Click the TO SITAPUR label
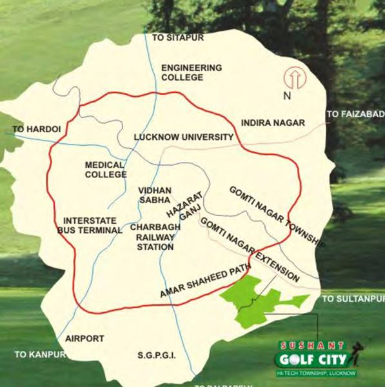click(x=177, y=38)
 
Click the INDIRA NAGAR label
click(x=272, y=122)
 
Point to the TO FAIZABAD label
click(x=355, y=114)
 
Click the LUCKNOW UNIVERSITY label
click(x=183, y=137)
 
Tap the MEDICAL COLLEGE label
click(x=106, y=170)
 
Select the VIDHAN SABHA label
click(x=155, y=195)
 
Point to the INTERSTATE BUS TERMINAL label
click(x=90, y=225)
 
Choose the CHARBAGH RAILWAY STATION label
click(x=152, y=237)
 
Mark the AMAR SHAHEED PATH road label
click(x=204, y=282)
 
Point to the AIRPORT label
click(x=84, y=338)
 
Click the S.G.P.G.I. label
click(x=157, y=355)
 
